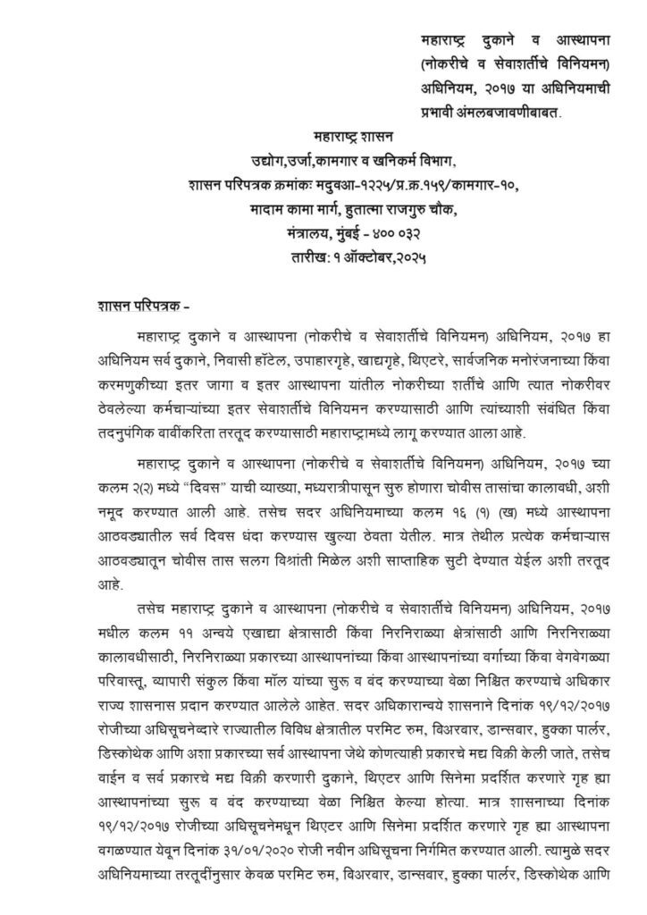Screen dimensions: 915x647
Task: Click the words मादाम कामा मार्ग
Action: (299, 207)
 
